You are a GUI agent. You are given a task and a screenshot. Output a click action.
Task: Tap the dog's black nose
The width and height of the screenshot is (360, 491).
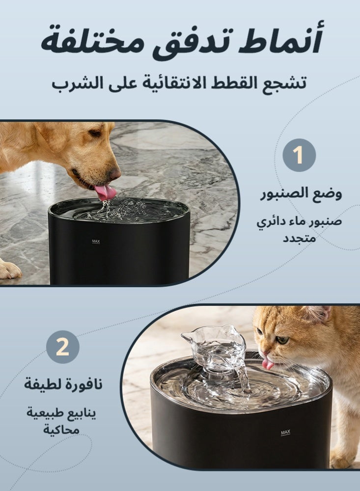point(115,173)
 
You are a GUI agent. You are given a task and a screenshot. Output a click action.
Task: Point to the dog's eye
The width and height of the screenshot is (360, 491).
point(94,133)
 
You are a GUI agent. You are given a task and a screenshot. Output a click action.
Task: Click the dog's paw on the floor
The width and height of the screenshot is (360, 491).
point(9,269)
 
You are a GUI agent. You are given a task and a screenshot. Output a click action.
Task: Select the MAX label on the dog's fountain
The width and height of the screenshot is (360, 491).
point(96,241)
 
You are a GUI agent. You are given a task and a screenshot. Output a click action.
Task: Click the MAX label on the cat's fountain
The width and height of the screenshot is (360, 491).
point(285,433)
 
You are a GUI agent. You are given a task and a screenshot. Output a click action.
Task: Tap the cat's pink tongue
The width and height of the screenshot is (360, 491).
point(268,364)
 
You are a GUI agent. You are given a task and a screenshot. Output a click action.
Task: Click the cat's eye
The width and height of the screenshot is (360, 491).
point(281,340)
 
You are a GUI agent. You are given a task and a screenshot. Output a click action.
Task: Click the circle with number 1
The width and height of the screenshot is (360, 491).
point(299,155)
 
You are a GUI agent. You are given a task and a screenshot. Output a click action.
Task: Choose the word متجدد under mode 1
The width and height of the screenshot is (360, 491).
point(300,239)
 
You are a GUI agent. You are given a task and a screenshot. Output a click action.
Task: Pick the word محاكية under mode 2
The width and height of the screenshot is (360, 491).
point(60,430)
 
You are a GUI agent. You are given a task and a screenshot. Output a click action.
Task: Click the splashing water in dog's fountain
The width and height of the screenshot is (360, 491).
point(115,209)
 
